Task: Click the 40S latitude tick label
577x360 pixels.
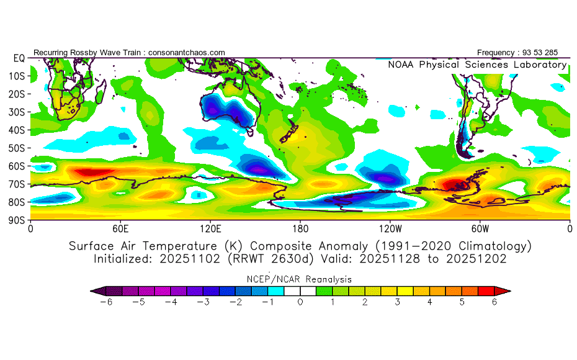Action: click(x=17, y=130)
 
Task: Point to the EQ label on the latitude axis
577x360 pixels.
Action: click(x=19, y=58)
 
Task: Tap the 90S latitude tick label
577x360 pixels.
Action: click(x=17, y=220)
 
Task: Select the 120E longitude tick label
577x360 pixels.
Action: click(x=210, y=228)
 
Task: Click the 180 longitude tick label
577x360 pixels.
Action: click(x=300, y=228)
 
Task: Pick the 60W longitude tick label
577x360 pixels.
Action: click(x=480, y=228)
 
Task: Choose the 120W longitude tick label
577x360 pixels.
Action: click(x=390, y=228)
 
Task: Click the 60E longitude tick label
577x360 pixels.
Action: click(x=120, y=228)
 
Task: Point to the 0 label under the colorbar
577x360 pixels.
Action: click(x=300, y=302)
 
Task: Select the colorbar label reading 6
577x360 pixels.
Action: click(x=494, y=302)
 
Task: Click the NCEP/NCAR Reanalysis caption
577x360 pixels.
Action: click(x=300, y=279)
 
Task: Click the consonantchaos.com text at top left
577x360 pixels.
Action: click(x=186, y=53)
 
